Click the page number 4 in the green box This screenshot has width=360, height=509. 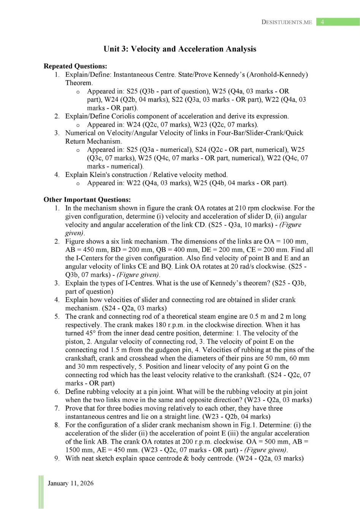coord(322,22)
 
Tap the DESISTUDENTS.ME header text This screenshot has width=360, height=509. coord(287,22)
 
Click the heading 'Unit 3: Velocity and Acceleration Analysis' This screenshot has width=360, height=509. coord(180,49)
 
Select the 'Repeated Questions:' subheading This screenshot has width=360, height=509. coord(75,66)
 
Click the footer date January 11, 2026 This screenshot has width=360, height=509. coord(70,483)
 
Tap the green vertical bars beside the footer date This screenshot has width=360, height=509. coord(41,491)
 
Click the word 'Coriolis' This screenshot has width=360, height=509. coord(125,116)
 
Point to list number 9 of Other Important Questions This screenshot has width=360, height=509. coord(57,458)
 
